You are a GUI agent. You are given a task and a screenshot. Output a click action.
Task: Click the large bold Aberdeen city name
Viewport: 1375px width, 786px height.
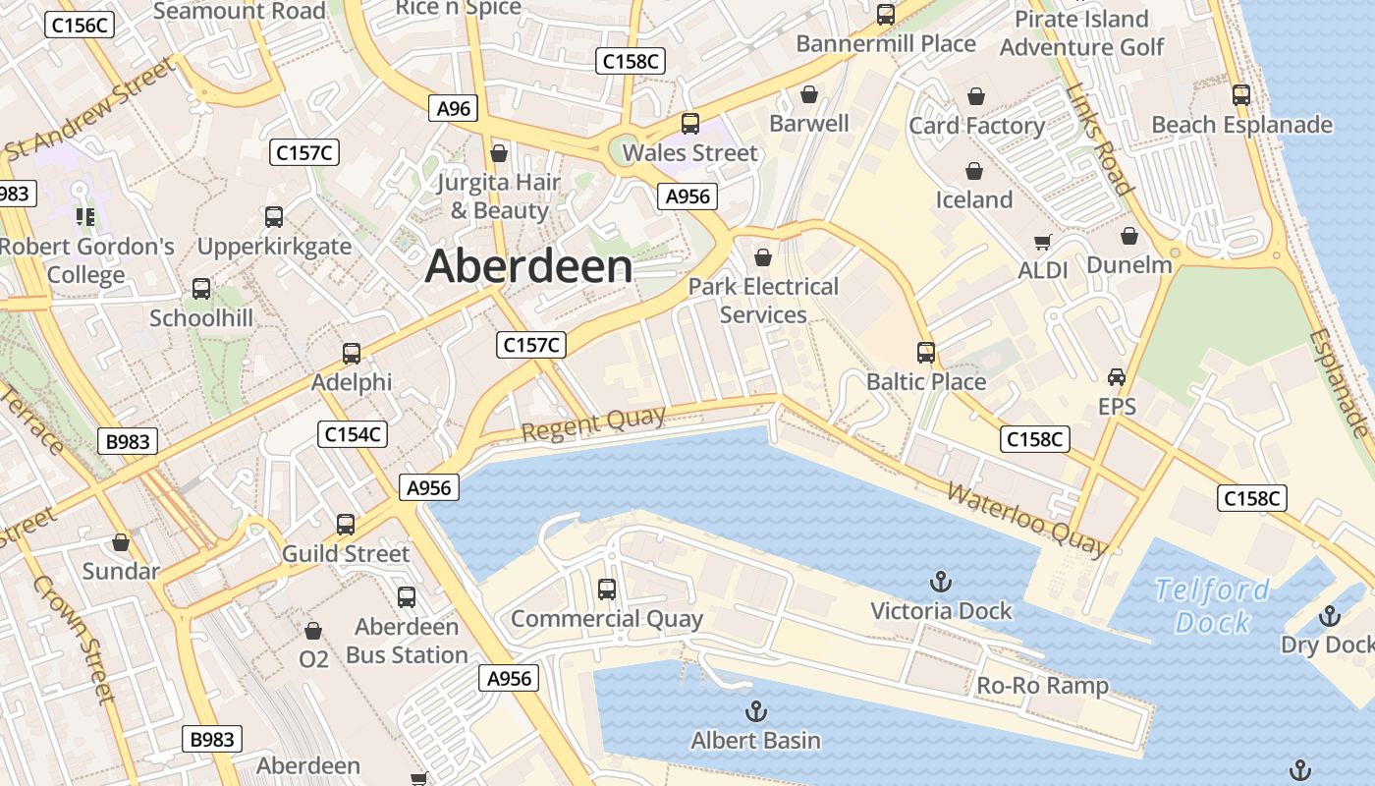(529, 267)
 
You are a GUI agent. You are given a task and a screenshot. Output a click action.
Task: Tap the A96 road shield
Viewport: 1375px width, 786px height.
(453, 108)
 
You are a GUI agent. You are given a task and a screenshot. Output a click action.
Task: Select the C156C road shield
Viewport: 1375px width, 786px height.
(80, 26)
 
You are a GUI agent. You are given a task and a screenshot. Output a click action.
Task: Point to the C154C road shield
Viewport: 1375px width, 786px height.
(353, 434)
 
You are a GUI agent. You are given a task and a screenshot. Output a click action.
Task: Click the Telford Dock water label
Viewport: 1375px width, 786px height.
(1213, 605)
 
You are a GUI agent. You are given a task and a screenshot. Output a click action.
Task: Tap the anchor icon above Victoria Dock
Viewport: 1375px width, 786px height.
(941, 581)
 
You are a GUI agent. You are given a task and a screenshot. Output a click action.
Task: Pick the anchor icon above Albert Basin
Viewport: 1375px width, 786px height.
(756, 711)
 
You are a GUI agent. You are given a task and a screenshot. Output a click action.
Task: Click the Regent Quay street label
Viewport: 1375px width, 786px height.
(593, 424)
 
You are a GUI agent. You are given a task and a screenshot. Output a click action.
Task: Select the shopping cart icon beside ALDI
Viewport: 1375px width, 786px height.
(1043, 242)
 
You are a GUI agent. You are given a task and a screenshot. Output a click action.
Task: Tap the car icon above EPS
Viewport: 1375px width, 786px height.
(1117, 377)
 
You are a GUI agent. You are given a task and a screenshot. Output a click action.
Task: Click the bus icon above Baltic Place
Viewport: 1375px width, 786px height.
(926, 352)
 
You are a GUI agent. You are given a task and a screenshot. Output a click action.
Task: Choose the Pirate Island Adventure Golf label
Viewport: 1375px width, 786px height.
(1081, 33)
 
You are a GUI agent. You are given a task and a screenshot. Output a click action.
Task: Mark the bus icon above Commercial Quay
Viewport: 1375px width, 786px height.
(607, 589)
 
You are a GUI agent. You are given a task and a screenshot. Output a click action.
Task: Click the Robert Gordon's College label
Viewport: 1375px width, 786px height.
(86, 260)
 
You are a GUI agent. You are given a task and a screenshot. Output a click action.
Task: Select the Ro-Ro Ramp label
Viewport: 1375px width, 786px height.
(1042, 686)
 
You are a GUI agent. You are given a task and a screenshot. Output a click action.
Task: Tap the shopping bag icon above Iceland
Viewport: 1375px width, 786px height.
(974, 171)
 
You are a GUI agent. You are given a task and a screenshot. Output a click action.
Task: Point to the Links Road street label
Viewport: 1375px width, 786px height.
(1099, 140)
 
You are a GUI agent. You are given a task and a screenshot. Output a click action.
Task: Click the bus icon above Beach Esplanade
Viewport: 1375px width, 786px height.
(1241, 95)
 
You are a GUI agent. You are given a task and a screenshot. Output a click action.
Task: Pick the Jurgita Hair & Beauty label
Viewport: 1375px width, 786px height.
(499, 196)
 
